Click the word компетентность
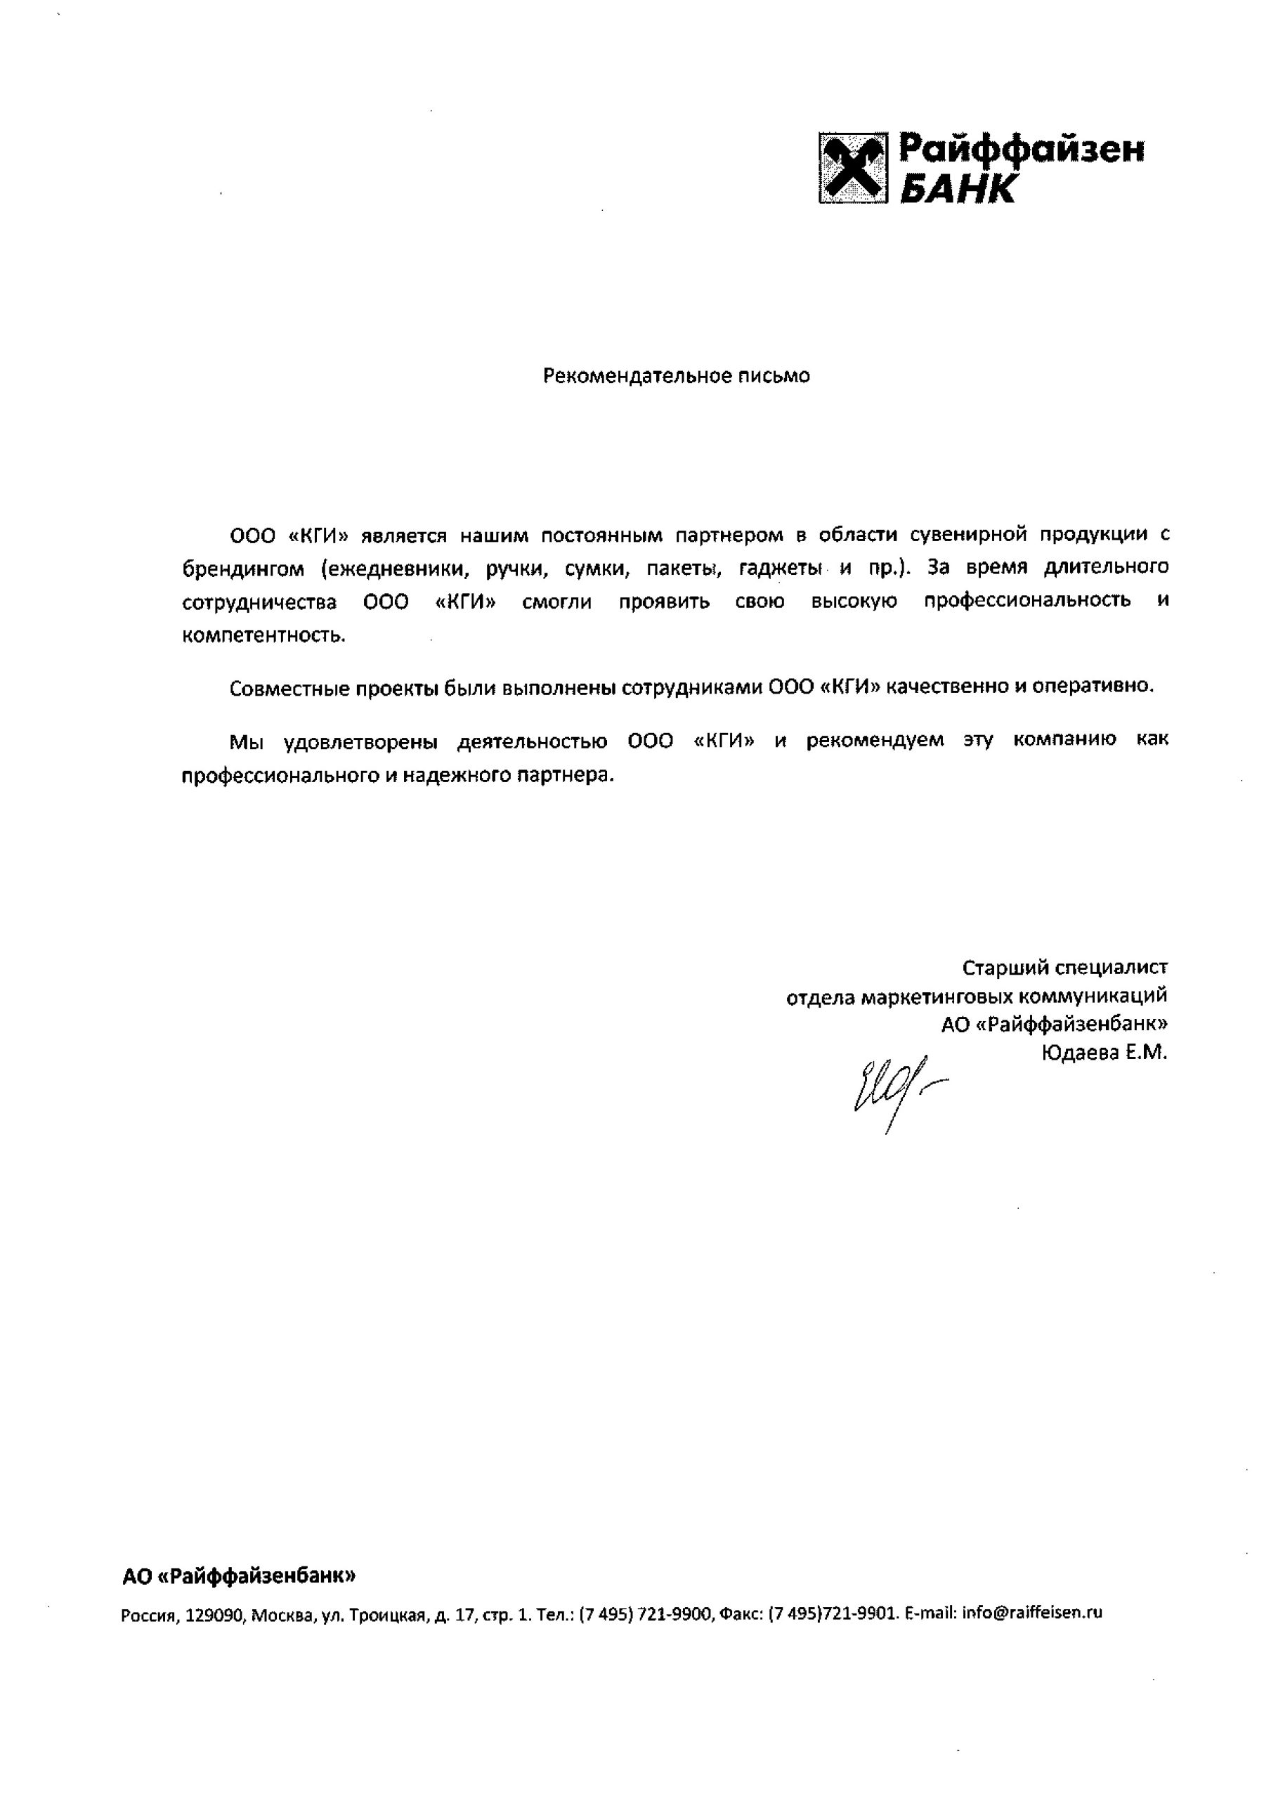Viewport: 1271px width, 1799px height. click(x=263, y=635)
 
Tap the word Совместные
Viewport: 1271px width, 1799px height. click(x=288, y=688)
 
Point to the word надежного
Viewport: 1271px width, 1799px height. click(x=457, y=776)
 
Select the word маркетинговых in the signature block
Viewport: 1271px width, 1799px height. click(x=937, y=996)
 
